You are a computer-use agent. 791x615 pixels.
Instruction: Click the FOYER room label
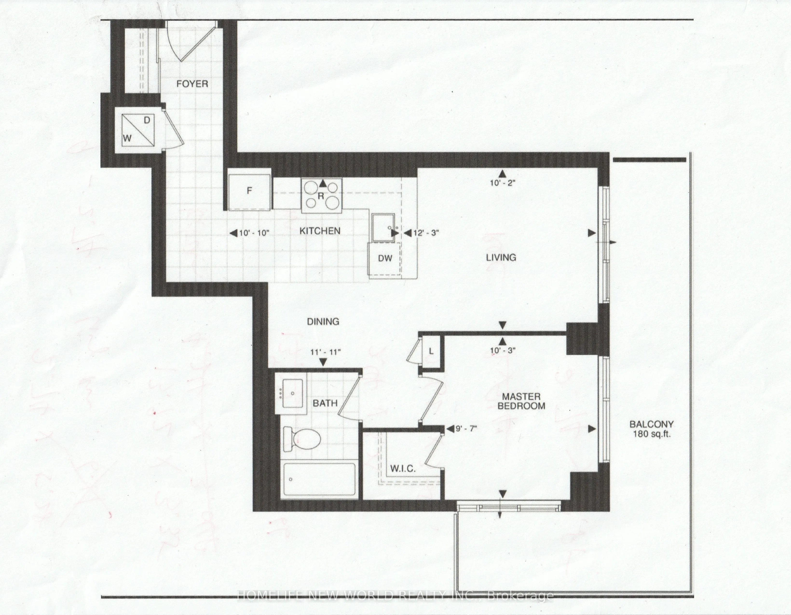pos(192,84)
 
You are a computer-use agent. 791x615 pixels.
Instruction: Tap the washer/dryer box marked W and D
pos(138,130)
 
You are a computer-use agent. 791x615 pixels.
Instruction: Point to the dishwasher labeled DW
pos(385,258)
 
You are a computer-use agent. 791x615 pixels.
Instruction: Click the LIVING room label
pos(501,258)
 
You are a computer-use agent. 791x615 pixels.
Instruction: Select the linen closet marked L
pos(431,351)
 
